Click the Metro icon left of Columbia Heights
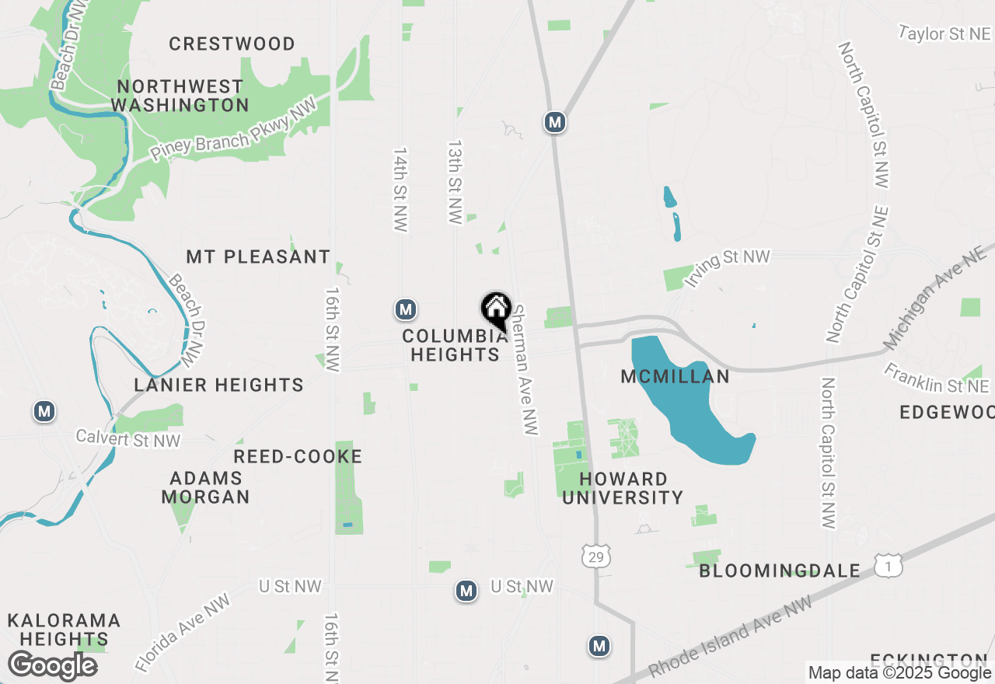click(x=405, y=310)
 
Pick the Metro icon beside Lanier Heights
click(x=44, y=411)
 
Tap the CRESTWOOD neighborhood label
click(x=232, y=44)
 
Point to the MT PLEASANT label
click(x=258, y=256)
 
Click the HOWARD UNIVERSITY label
click(x=623, y=488)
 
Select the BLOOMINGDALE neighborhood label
click(x=780, y=571)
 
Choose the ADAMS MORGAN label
click(x=205, y=487)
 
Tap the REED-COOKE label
click(x=298, y=456)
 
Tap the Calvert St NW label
click(x=127, y=439)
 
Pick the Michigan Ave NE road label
click(x=936, y=300)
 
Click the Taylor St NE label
click(x=944, y=33)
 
